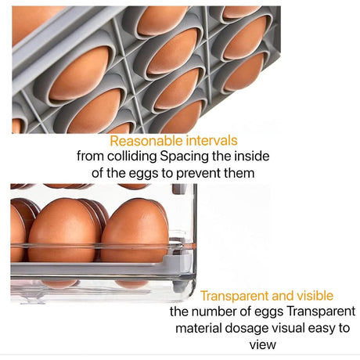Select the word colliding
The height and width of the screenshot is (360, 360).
pyautogui.click(x=132, y=157)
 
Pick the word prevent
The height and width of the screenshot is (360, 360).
pyautogui.click(x=199, y=174)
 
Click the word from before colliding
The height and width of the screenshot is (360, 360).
pyautogui.click(x=90, y=156)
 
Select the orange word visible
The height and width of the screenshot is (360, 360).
pyautogui.click(x=315, y=296)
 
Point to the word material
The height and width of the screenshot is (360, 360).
pyautogui.click(x=199, y=328)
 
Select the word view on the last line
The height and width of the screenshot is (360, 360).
pyautogui.click(x=263, y=344)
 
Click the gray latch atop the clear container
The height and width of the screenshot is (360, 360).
pyautogui.click(x=179, y=189)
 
